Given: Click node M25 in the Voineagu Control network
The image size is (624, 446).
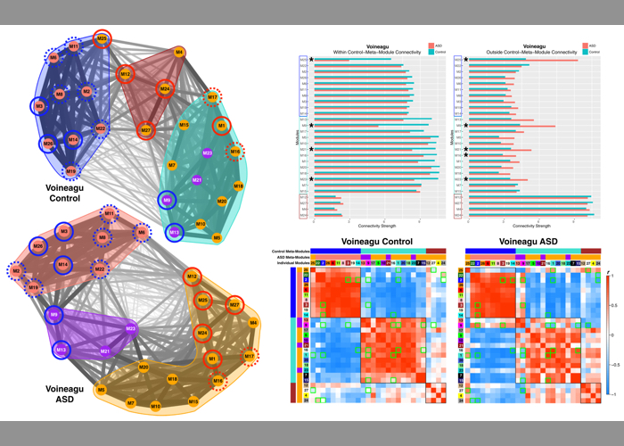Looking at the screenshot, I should tap(103, 39).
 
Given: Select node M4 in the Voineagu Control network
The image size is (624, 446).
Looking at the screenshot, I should tap(180, 53).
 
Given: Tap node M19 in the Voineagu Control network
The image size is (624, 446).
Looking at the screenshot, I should tap(71, 170).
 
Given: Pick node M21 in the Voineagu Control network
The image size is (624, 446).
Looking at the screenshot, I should tap(197, 180).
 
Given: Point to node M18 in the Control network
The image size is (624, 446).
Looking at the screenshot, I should tap(238, 186).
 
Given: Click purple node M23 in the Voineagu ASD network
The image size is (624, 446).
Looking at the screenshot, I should tap(130, 329).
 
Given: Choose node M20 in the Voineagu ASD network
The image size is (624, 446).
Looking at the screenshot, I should tap(144, 367).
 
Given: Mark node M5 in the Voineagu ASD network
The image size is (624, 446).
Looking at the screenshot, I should tap(102, 390).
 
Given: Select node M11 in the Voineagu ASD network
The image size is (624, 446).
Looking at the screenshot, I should tap(109, 214).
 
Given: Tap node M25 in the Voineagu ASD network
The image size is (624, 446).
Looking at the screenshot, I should tap(203, 300).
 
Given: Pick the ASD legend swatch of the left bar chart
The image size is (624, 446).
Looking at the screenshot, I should tap(430, 44).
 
